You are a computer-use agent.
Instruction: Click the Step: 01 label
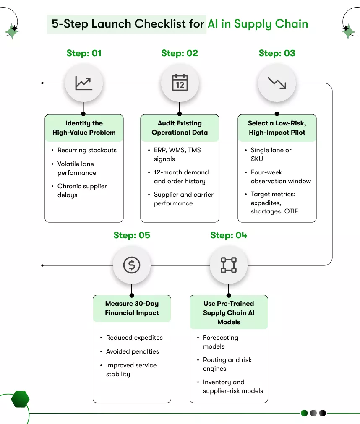[x=84, y=53]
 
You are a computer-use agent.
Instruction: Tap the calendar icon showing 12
[x=180, y=83]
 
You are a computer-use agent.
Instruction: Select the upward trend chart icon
[x=83, y=83]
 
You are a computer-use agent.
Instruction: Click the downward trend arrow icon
[x=277, y=83]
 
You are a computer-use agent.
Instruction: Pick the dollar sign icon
[x=132, y=265]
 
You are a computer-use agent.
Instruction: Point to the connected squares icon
[x=229, y=265]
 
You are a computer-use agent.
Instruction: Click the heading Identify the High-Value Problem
[x=84, y=128]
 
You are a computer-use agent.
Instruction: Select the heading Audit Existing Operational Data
[x=180, y=128]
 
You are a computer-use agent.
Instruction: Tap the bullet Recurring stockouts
[x=87, y=150]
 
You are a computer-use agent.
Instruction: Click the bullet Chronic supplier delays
[x=82, y=190]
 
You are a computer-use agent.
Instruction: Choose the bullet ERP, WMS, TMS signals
[x=177, y=154]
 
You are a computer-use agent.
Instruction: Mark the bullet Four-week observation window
[x=280, y=177]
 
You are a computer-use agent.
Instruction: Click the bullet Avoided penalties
[x=132, y=351]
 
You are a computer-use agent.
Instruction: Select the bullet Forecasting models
[x=220, y=342]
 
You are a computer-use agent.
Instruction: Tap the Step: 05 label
[x=132, y=235]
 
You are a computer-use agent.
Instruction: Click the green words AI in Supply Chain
[x=258, y=23]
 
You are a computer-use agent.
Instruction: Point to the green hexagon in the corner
[x=20, y=399]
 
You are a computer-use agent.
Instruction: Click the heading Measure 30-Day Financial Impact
[x=132, y=308]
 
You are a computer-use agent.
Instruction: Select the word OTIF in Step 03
[x=291, y=211]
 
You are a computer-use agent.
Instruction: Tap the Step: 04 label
[x=229, y=235]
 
